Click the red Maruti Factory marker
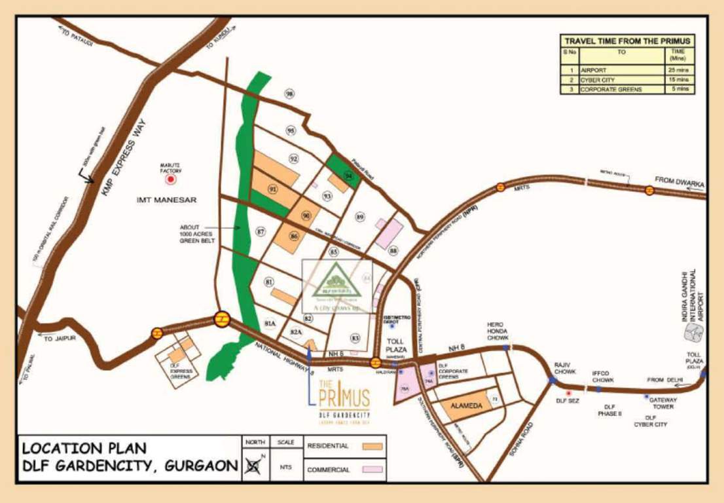coord(172,178)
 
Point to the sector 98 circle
coord(290,94)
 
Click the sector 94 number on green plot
coord(349,176)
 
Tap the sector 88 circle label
coord(393,251)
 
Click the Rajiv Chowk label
coord(565,367)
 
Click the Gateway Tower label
coord(662,403)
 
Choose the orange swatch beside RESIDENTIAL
coord(372,447)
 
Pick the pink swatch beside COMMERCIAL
coord(372,470)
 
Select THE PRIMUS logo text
coord(344,397)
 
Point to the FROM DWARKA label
coord(680,180)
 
